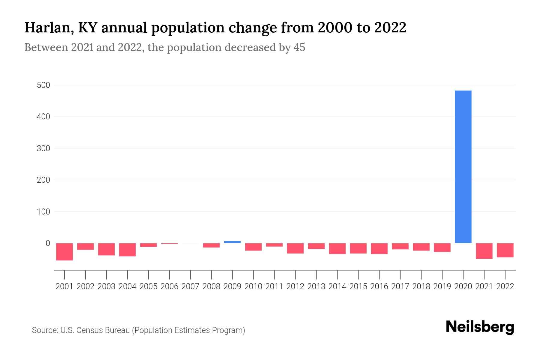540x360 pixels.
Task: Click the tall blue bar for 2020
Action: (463, 167)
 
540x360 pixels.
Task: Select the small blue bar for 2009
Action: (232, 242)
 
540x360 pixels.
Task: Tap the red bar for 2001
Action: (64, 252)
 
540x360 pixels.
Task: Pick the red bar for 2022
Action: (505, 250)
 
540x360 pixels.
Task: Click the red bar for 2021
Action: (484, 251)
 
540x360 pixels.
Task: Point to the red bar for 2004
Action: (127, 250)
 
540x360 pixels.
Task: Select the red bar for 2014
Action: (337, 249)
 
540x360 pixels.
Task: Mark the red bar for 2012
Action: (295, 248)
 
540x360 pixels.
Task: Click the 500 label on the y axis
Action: (43, 85)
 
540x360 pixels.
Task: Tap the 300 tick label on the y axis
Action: (43, 148)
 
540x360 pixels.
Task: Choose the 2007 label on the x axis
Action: (190, 286)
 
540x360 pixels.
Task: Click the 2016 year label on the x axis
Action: (379, 286)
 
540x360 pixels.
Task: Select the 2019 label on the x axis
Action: (442, 286)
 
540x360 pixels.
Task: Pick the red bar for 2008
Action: (211, 245)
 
